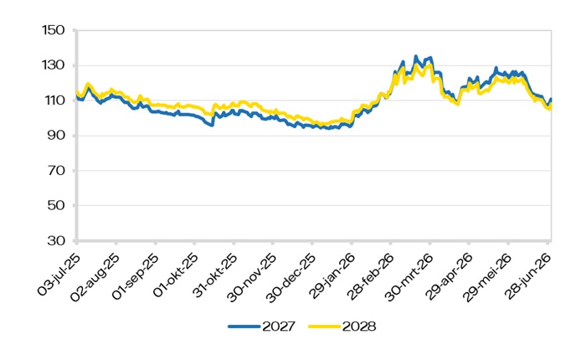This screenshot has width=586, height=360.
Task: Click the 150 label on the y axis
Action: pos(53,30)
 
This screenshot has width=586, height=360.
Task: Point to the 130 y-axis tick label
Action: pos(53,65)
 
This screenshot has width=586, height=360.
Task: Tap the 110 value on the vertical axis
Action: pos(53,100)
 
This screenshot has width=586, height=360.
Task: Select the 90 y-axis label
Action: pos(56,136)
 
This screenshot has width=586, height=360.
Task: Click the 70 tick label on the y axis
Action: pos(56,171)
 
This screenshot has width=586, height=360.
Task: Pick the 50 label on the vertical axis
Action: pos(56,205)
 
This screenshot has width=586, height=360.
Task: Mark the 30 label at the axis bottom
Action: pos(56,240)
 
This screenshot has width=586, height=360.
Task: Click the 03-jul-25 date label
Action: pos(59,274)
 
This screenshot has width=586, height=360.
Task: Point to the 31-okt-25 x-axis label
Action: pos(215,275)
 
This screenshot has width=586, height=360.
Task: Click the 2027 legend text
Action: pos(279,327)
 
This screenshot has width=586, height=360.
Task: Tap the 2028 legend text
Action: pos(359,327)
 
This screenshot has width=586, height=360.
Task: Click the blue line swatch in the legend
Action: pos(244,327)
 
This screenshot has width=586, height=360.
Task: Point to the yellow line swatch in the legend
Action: pos(325,327)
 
